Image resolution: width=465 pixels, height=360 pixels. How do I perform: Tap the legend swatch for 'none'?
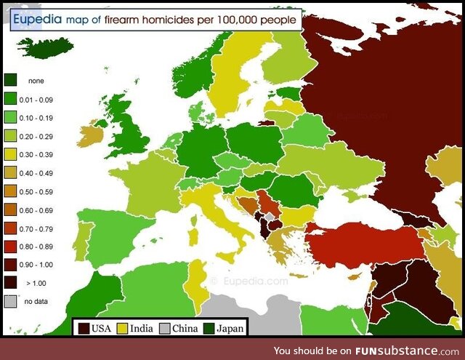click(x=11, y=81)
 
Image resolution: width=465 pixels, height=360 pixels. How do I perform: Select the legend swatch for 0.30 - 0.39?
click(x=11, y=154)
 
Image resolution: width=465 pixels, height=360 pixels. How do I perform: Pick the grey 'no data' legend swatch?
click(x=11, y=300)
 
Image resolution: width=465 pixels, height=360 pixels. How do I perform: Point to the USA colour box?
click(x=84, y=328)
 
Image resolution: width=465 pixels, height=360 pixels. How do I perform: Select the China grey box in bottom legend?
click(x=165, y=328)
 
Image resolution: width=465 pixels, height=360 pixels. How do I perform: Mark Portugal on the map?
click(x=82, y=236)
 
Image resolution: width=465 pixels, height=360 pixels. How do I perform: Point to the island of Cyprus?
click(x=355, y=277)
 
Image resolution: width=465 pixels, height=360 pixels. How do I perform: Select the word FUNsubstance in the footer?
click(x=396, y=349)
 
